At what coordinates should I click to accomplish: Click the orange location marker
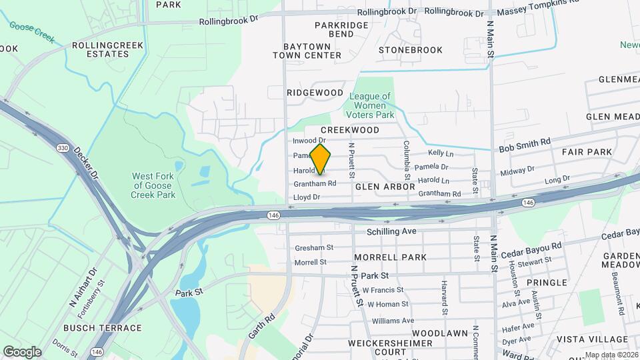click(x=321, y=159)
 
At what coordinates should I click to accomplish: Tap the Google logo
click(x=22, y=352)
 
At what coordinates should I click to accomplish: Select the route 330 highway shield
click(x=63, y=148)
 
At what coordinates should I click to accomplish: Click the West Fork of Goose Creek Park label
click(x=154, y=185)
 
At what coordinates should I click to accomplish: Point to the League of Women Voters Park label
click(x=372, y=105)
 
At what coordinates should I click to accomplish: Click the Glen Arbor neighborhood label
click(x=385, y=187)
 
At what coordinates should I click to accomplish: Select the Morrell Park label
click(x=390, y=257)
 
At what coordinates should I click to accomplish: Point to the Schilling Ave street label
click(x=391, y=231)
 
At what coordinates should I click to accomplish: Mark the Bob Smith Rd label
click(x=525, y=142)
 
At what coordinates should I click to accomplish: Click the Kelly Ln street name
click(x=441, y=153)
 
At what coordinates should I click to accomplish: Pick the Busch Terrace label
click(x=103, y=328)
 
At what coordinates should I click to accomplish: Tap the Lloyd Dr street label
click(x=307, y=197)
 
